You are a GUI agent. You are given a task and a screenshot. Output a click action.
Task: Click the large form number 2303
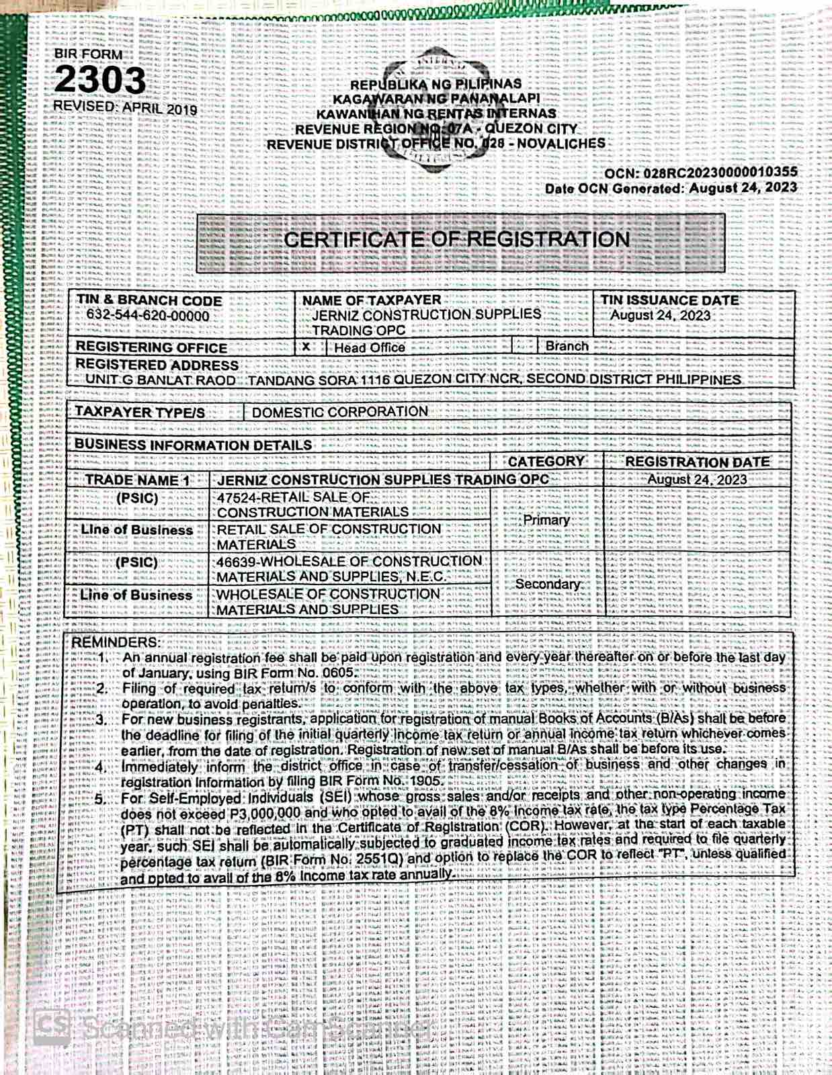coord(99,81)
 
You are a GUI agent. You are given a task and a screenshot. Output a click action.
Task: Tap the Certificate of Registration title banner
coord(457,240)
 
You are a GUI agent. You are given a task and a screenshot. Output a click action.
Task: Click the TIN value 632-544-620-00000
coord(148,315)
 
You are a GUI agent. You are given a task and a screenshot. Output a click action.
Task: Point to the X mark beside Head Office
coord(306,347)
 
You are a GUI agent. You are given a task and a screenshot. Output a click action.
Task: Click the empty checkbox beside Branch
coord(525,346)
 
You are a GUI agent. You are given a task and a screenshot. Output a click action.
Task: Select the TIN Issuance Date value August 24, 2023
coord(660,315)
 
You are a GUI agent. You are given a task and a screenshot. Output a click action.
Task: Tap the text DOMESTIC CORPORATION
coord(340,411)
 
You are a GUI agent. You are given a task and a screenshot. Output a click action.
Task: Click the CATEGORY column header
coord(546,462)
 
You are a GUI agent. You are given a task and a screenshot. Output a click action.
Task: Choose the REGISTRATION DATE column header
coord(697,462)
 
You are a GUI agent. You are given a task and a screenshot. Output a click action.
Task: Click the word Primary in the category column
coord(546,519)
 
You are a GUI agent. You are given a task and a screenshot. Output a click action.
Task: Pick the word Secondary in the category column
coord(548,584)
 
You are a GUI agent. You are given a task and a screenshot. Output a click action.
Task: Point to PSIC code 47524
coord(236,497)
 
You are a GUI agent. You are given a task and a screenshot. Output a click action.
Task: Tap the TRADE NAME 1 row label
coord(137,480)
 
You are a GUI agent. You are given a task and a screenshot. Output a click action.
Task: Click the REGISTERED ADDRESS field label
coord(157,364)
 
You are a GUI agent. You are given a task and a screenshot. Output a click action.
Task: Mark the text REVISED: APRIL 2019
coord(125,108)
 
